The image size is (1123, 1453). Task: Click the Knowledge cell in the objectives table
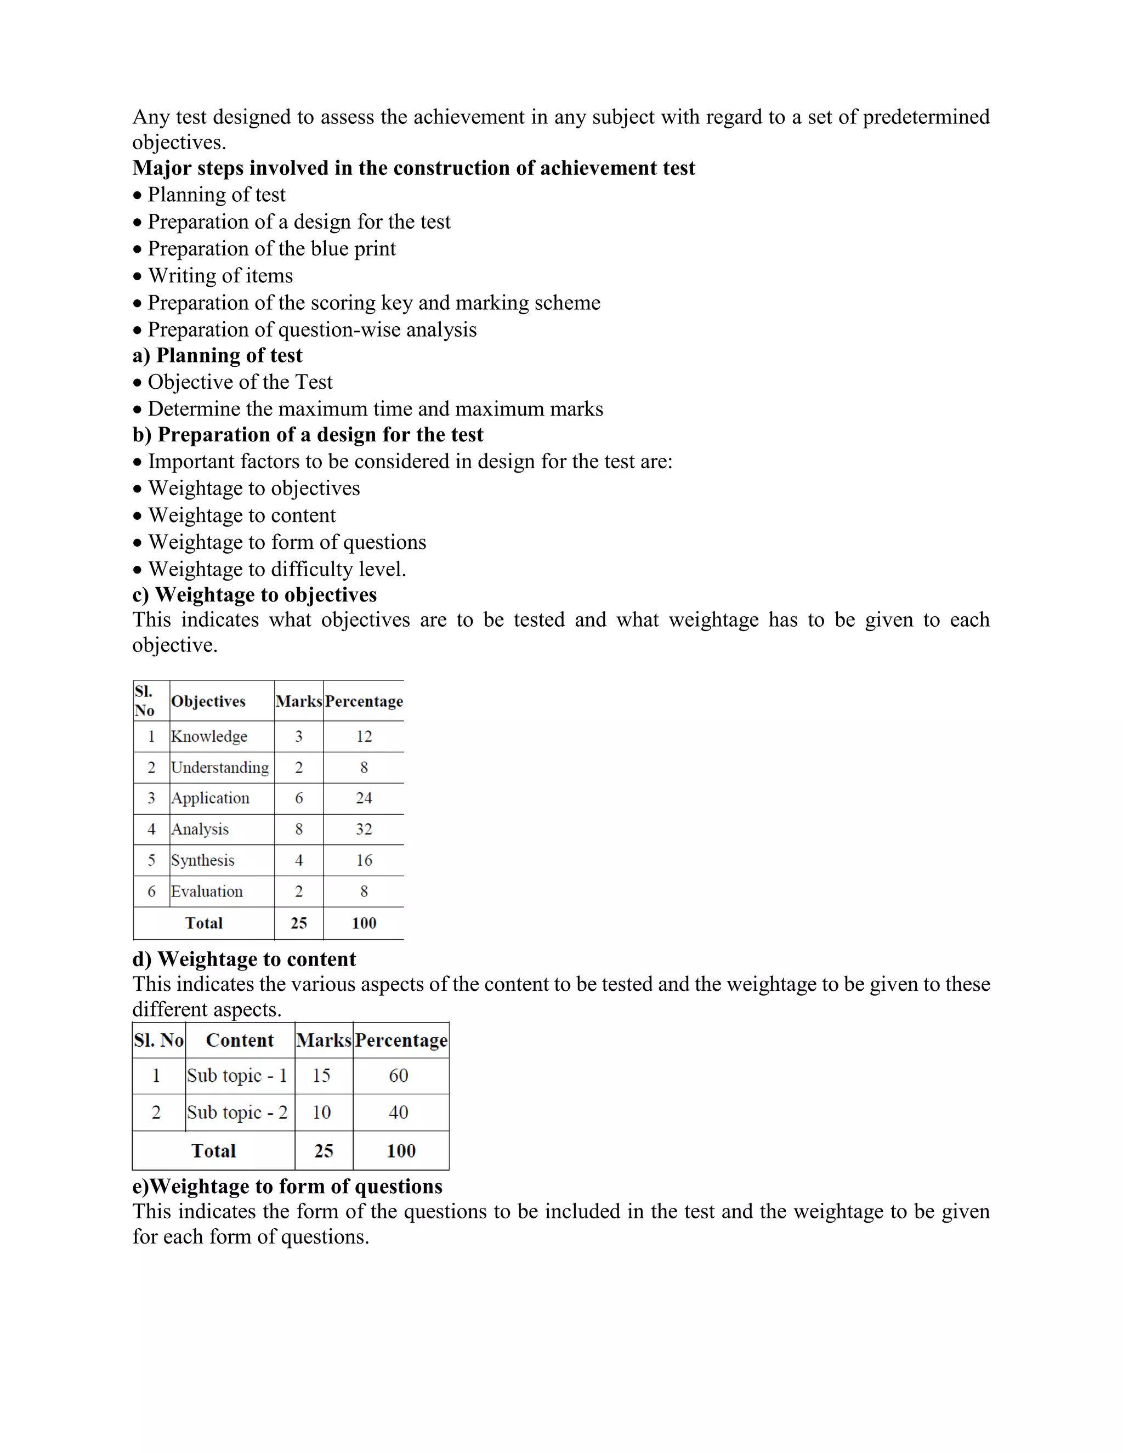(209, 736)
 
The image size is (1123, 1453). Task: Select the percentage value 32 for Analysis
(364, 829)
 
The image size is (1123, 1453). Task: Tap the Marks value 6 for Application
(299, 798)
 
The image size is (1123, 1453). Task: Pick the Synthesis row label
(203, 860)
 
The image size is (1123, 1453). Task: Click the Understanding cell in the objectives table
(219, 768)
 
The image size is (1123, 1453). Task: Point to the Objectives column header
(208, 701)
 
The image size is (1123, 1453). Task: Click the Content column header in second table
(240, 1041)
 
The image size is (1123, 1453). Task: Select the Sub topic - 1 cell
(237, 1076)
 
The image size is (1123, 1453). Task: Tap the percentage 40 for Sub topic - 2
(399, 1113)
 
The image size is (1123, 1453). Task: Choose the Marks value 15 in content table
(321, 1076)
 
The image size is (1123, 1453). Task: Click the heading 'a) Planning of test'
(218, 355)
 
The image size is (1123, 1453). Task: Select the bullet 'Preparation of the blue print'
(271, 249)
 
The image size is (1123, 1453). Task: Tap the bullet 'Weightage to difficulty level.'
(277, 570)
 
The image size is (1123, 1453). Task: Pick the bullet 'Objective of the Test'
(240, 383)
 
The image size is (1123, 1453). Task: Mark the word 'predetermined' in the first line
(926, 117)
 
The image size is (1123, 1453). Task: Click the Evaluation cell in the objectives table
(207, 892)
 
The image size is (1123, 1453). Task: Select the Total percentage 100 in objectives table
(364, 923)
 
